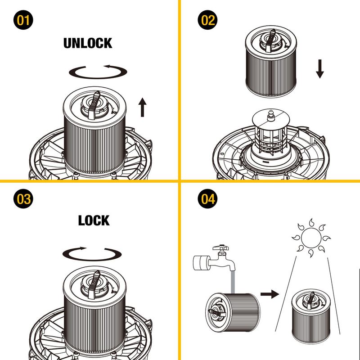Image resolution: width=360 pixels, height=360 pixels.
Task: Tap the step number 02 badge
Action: (207, 21)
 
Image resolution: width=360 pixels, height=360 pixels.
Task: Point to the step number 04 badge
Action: (207, 198)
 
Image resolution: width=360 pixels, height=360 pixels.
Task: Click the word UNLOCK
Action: (88, 43)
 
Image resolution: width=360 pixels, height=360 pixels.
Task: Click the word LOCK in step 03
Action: (94, 220)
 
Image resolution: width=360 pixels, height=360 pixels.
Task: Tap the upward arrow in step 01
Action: (142, 108)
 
